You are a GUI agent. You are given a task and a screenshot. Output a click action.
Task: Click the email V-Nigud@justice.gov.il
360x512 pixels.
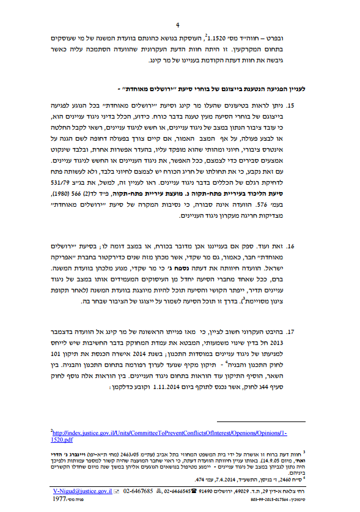(79, 491)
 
